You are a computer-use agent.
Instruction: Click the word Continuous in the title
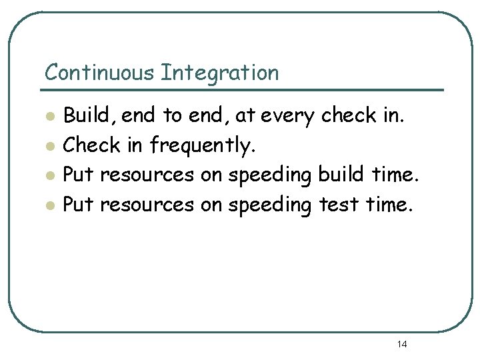click(100, 72)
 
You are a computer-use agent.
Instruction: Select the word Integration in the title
click(219, 73)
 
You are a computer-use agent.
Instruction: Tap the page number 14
click(402, 344)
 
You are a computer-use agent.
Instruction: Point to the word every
click(289, 117)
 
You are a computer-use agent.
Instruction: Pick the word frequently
click(203, 145)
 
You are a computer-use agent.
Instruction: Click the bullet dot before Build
click(49, 117)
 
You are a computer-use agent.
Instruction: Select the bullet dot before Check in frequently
click(49, 146)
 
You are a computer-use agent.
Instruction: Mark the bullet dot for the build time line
click(49, 175)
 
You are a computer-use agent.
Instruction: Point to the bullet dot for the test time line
click(49, 205)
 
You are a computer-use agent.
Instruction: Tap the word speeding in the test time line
click(269, 205)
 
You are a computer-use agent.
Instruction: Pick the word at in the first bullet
click(245, 117)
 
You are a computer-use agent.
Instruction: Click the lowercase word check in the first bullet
click(349, 115)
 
